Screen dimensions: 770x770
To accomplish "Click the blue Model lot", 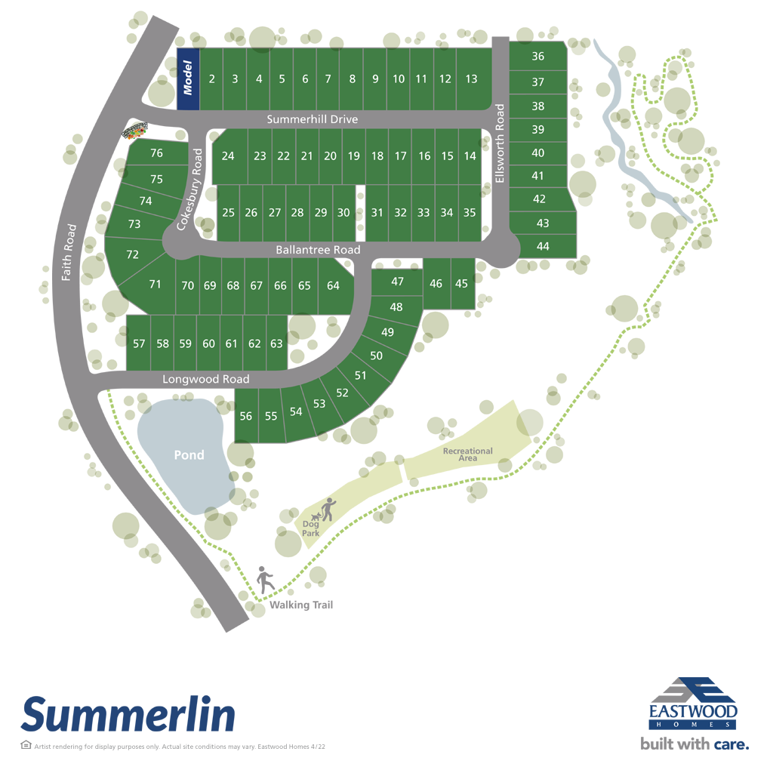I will click(x=189, y=79).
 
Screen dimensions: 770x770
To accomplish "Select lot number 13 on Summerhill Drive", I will click(x=472, y=79).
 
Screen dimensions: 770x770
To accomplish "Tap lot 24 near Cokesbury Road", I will click(x=228, y=156).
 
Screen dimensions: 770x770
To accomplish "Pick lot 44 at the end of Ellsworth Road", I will click(x=543, y=246).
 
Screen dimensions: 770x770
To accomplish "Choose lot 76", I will click(x=156, y=153).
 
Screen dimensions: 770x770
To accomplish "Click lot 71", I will click(x=155, y=285).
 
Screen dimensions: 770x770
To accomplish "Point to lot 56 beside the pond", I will click(x=245, y=416).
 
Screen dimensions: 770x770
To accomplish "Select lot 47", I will click(x=397, y=282).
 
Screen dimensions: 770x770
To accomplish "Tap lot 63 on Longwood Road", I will click(x=276, y=344).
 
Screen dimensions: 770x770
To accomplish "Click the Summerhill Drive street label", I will click(x=313, y=119).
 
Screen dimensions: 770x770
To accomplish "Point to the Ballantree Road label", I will click(x=317, y=250).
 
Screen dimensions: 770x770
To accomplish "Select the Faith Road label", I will click(x=69, y=252).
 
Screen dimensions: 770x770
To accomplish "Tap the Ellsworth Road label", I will click(x=499, y=144).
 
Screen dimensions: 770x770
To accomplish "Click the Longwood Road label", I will click(x=205, y=379).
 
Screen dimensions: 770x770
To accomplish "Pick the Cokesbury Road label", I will click(x=189, y=189).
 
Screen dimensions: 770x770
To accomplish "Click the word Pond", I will click(x=189, y=455).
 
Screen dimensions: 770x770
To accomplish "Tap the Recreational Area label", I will click(x=467, y=454).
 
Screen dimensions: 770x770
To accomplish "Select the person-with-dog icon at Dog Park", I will click(x=326, y=510).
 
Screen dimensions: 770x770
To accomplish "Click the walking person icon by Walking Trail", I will click(x=265, y=581).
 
